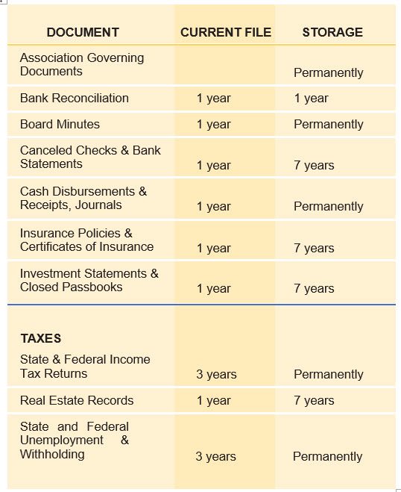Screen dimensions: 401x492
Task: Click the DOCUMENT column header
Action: [83, 32]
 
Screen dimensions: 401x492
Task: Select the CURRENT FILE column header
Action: [226, 32]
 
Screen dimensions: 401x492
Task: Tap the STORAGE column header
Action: [332, 32]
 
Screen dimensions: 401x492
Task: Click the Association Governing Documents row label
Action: [82, 65]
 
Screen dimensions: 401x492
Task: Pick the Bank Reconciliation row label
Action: [75, 98]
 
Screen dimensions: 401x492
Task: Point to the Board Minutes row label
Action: [60, 124]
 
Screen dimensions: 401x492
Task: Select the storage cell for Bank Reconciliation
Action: [311, 98]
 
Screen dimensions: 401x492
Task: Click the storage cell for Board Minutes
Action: [328, 124]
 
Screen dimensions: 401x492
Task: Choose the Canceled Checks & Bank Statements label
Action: [90, 157]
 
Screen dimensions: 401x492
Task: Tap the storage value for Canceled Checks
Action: [314, 165]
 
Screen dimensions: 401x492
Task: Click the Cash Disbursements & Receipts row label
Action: [83, 198]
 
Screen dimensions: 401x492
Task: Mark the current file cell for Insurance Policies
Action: [214, 248]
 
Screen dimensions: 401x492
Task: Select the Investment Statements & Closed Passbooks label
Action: [89, 280]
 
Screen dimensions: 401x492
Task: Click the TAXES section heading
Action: [41, 338]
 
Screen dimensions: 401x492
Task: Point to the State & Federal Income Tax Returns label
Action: [85, 366]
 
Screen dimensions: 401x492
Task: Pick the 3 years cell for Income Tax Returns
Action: [216, 374]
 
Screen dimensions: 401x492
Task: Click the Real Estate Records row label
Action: [77, 400]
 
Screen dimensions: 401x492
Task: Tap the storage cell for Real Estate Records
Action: [314, 400]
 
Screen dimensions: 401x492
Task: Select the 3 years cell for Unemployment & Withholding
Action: [215, 456]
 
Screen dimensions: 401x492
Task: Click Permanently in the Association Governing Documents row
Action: [328, 72]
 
